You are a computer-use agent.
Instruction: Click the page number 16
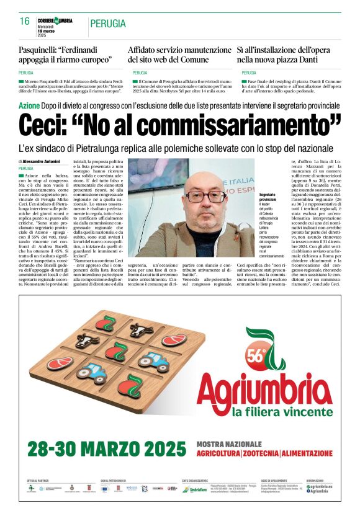[25, 21]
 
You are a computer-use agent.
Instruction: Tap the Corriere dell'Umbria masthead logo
[55, 20]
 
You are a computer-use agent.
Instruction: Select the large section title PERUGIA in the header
[108, 24]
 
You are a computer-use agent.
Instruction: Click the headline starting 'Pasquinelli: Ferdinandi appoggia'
[66, 54]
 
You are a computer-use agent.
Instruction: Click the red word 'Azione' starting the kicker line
[30, 105]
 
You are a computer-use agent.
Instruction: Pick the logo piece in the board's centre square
[116, 351]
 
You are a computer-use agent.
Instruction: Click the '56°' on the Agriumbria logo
[256, 357]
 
